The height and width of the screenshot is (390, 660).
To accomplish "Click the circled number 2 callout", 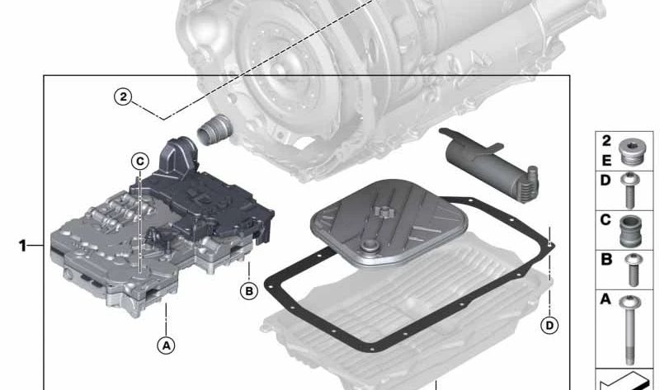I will [123, 96].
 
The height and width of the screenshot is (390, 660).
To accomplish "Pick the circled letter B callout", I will [248, 290].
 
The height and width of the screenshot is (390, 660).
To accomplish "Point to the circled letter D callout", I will [549, 325].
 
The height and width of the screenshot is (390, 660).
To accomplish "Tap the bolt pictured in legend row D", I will [629, 189].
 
